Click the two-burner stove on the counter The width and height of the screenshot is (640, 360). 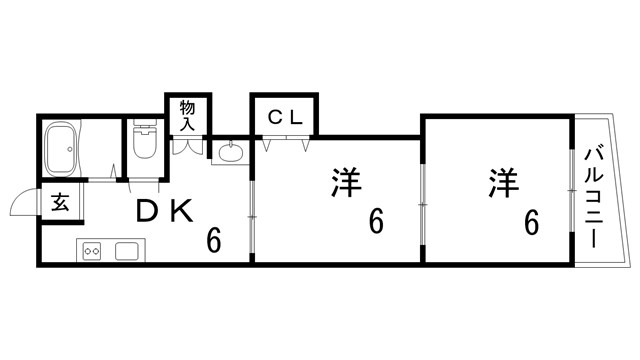click(x=92, y=250)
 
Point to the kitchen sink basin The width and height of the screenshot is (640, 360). click(x=127, y=250)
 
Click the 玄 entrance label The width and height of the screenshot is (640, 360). click(x=60, y=204)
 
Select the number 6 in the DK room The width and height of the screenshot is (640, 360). click(x=214, y=240)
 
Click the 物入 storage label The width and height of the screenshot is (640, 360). click(x=187, y=114)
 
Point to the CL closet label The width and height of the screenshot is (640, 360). click(x=285, y=116)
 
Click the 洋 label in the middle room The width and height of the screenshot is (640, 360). click(x=345, y=183)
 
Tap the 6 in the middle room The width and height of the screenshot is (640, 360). click(x=376, y=222)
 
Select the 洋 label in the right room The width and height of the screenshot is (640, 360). click(x=503, y=183)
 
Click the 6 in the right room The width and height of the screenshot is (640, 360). click(x=531, y=222)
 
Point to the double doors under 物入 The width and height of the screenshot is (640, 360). click(x=188, y=144)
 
